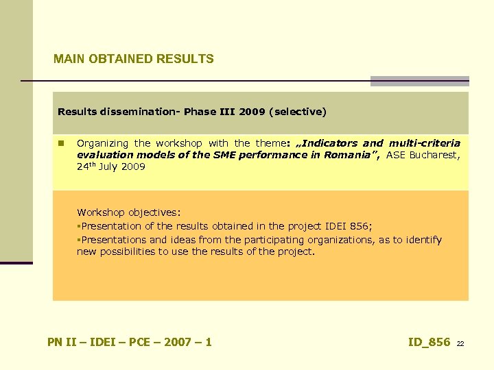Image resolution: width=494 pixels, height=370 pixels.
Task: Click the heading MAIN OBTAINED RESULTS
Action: point(134,59)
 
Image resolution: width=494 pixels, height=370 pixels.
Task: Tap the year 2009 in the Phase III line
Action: point(252,112)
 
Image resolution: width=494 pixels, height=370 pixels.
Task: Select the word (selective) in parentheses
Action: point(299,112)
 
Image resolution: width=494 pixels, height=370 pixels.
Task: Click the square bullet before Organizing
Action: point(61,144)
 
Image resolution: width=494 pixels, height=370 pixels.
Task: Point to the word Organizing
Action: point(102,143)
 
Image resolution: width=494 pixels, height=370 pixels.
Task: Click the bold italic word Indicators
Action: point(330,143)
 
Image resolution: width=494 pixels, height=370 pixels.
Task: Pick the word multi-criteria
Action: point(425,143)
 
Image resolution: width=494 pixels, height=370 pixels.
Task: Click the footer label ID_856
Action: point(429,342)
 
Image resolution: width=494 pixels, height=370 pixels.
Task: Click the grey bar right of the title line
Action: point(419,81)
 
